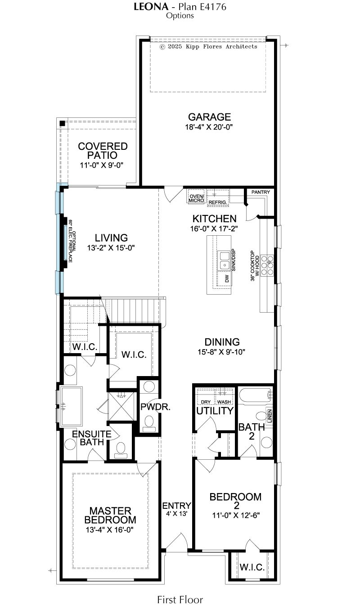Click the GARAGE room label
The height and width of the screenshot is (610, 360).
pos(209,117)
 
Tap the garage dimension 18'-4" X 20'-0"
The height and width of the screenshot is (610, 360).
pos(209,127)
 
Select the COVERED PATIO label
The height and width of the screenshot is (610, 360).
pos(103,151)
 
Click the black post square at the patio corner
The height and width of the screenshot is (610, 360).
pos(63,123)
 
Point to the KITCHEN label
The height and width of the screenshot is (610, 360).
pos(214,219)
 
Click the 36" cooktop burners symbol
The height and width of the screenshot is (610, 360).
pos(267,265)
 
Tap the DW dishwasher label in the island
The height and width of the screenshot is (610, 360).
pos(227,278)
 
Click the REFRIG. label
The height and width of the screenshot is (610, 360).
pos(218,202)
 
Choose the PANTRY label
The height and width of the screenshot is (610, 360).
pos(261,192)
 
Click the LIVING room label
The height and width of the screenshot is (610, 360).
pos(111,238)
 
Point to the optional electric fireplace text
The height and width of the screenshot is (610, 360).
pos(72,241)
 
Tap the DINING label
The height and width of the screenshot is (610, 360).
pos(222,342)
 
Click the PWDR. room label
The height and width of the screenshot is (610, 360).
pos(155,407)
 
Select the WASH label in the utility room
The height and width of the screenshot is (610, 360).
pos(224,402)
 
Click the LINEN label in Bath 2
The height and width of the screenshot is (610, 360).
pos(270,416)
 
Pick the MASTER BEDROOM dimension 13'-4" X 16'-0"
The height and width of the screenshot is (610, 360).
pos(110,529)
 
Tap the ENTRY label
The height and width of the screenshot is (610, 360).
pos(176,506)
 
